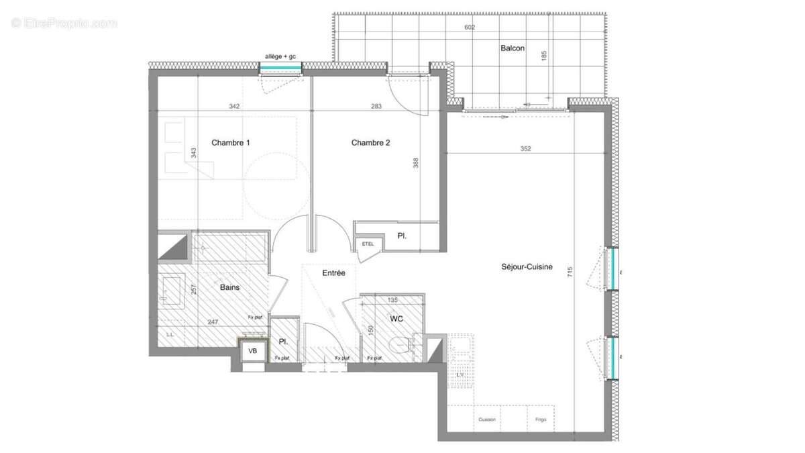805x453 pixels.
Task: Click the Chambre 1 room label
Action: click(231, 142)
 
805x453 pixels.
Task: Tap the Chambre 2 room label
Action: click(370, 142)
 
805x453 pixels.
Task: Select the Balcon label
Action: click(512, 48)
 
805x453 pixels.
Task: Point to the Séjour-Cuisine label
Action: click(527, 266)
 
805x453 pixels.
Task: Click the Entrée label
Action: click(333, 273)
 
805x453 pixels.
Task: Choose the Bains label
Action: click(230, 287)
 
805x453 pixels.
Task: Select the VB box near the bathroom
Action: click(253, 351)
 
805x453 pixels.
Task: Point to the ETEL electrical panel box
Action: click(368, 244)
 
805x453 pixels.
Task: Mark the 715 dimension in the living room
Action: click(570, 272)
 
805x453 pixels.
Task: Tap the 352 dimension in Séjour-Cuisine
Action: click(525, 149)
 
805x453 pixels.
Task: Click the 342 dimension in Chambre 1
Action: click(234, 106)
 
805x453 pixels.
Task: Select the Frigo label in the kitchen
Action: click(541, 419)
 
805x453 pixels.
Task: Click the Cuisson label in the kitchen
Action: click(487, 419)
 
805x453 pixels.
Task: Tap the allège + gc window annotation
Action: click(281, 57)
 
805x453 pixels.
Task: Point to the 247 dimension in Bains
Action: click(213, 322)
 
